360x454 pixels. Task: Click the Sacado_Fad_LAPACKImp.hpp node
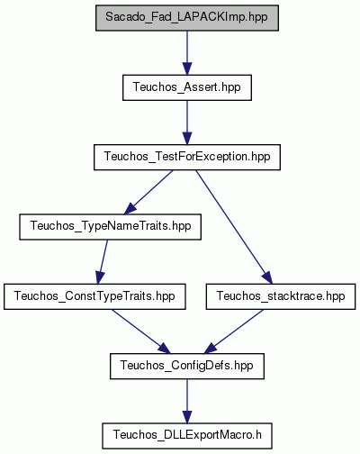click(187, 18)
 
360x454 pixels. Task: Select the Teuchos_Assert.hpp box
click(187, 87)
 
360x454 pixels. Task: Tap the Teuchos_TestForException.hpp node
click(187, 157)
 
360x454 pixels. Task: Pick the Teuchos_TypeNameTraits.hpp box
click(110, 227)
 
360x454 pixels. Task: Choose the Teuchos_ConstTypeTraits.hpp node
click(94, 296)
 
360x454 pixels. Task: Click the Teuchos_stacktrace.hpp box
click(281, 296)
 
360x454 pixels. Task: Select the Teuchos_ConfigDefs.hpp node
click(187, 366)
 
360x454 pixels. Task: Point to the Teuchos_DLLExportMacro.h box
click(187, 436)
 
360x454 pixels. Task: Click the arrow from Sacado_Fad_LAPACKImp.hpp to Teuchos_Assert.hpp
click(187, 52)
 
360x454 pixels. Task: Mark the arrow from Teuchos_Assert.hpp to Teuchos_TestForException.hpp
click(187, 123)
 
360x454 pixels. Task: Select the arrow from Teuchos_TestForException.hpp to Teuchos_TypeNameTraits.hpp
click(149, 192)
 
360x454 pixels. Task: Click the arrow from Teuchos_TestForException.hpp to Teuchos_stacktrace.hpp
click(234, 227)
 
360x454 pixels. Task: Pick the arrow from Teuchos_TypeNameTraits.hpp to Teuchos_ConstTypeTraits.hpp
click(103, 262)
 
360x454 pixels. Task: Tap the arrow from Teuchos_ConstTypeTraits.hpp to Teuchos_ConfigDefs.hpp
click(141, 331)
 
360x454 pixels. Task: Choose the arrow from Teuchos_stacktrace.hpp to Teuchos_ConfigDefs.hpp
click(234, 331)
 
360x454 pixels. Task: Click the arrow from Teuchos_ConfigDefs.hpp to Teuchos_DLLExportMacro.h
click(187, 401)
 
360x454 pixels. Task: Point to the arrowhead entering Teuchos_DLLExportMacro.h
click(187, 417)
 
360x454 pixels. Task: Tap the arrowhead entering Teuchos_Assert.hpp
click(187, 68)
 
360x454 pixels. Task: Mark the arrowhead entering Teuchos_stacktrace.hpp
click(267, 277)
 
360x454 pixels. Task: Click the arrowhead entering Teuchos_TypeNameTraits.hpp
click(130, 209)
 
